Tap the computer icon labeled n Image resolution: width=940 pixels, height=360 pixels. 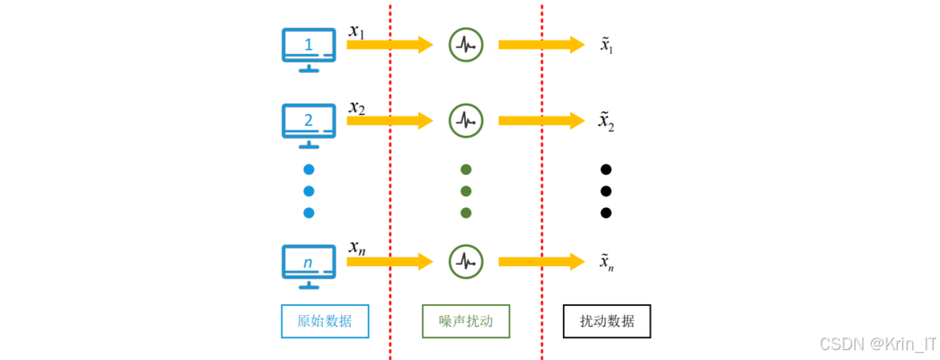(x=309, y=265)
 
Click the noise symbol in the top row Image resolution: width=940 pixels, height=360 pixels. (x=465, y=44)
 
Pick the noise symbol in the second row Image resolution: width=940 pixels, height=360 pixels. (x=465, y=119)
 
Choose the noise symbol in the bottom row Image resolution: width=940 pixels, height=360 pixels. (x=465, y=261)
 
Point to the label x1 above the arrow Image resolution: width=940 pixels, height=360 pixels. (x=357, y=31)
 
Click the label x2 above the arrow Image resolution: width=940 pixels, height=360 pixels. (x=357, y=108)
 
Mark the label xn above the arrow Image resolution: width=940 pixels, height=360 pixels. (x=357, y=247)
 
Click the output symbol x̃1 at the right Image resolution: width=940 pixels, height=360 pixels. (x=607, y=45)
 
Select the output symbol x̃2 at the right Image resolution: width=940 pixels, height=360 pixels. (x=607, y=121)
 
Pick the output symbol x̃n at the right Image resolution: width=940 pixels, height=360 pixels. (x=607, y=262)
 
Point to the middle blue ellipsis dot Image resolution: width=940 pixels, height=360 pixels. (x=309, y=191)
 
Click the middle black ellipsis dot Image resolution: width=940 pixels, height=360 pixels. (x=606, y=191)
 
